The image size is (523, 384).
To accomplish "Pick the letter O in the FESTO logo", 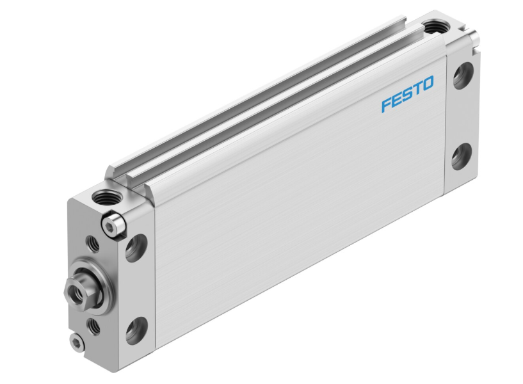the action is coord(427,84).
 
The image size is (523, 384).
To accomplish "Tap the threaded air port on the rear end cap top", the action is coord(435,28).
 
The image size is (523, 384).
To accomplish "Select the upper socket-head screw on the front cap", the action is coord(113,225).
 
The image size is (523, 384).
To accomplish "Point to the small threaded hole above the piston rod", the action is coord(93,244).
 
